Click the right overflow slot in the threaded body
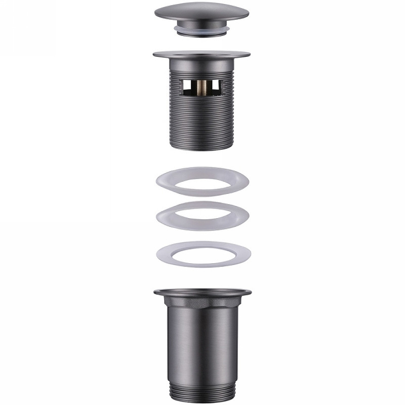click(x=215, y=87)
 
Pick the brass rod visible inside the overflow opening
click(x=204, y=87)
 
